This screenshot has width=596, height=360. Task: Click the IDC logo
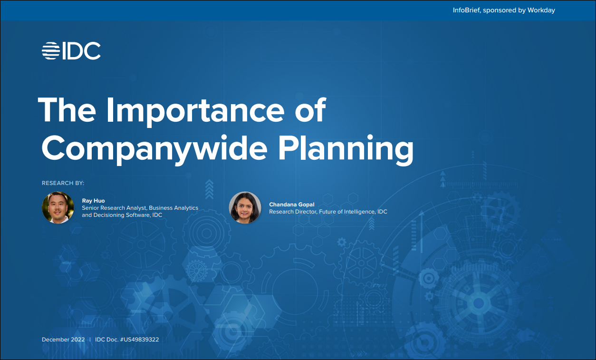point(71,50)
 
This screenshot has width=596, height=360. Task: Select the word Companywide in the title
point(154,148)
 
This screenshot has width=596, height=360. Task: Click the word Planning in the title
point(346,148)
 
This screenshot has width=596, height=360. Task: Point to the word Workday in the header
point(541,10)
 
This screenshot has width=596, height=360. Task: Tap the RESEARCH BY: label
point(63,183)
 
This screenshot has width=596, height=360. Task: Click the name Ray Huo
point(93,201)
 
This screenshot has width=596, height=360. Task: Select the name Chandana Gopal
point(292,204)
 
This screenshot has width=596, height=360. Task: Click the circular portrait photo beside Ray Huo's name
point(58,208)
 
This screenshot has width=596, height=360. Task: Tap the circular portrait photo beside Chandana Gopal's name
point(245,208)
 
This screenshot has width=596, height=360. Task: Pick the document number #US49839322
point(139,340)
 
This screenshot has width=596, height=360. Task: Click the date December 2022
point(63,340)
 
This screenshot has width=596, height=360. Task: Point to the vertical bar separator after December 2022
point(90,340)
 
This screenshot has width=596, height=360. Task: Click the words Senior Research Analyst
point(114,208)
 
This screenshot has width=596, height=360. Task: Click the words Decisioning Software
point(121,215)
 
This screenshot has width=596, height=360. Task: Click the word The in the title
point(67,110)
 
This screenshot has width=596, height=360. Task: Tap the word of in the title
point(310,110)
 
